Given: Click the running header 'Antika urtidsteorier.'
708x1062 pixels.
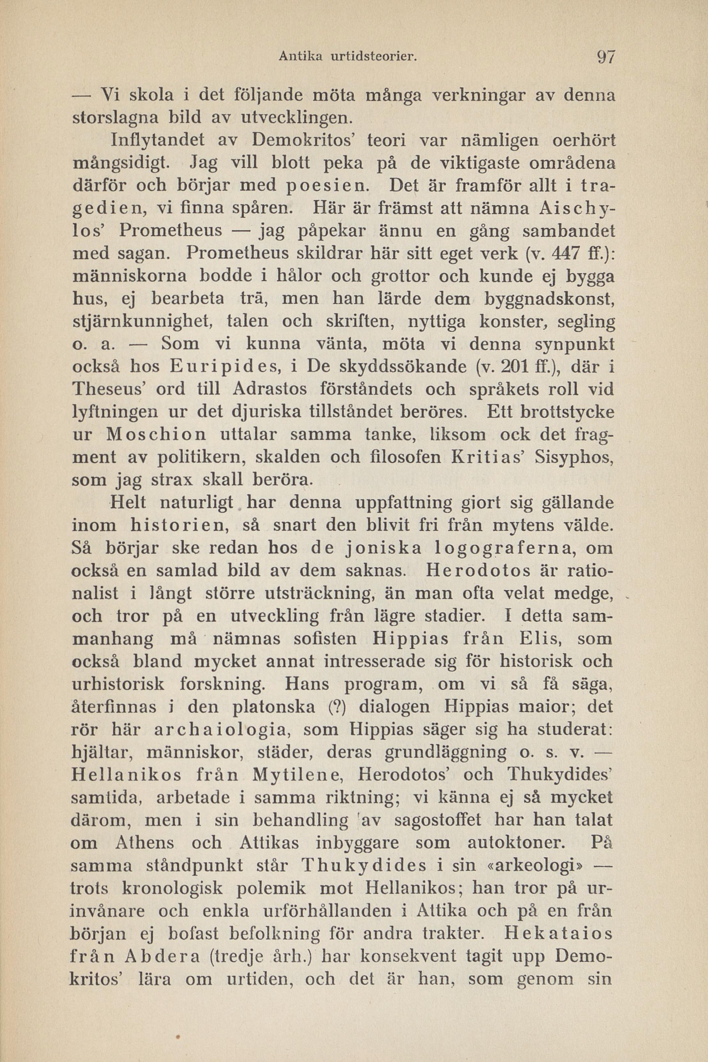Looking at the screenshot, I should (x=347, y=57).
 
